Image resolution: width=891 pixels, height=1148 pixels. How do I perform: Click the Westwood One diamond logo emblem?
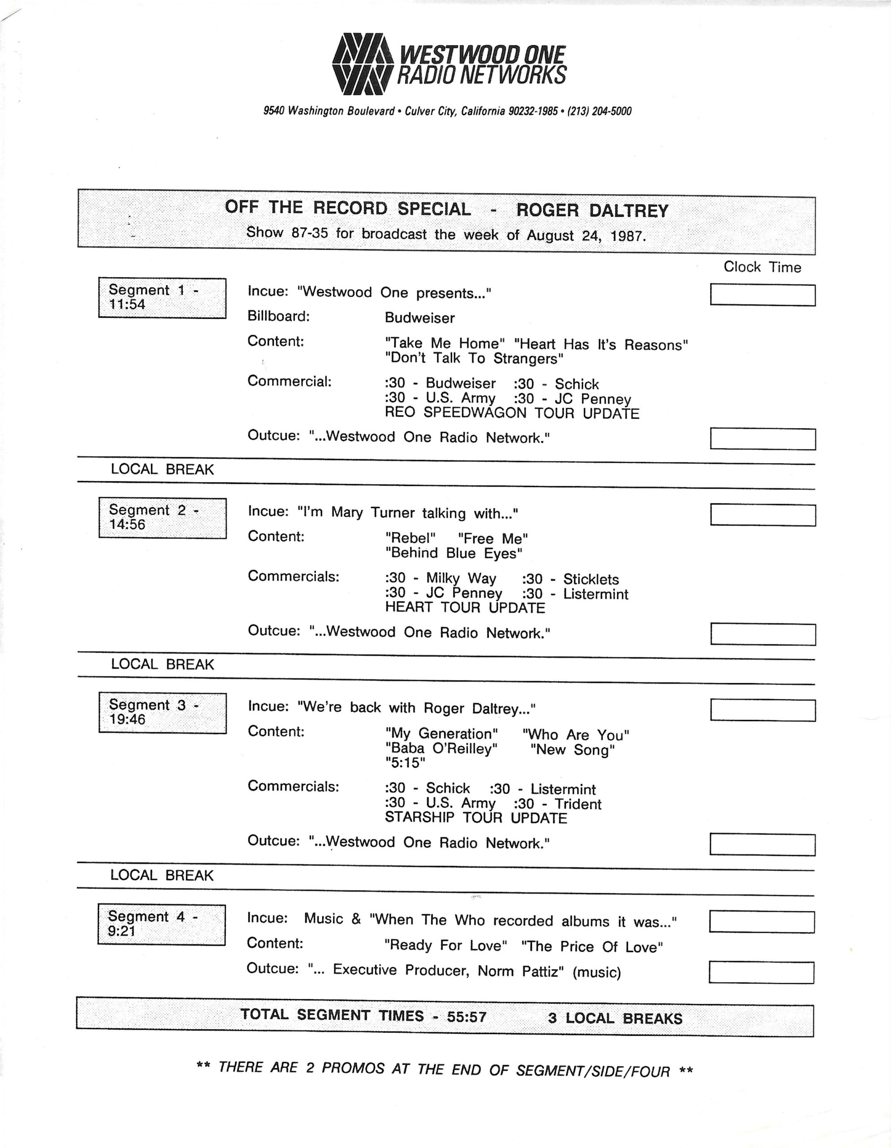[363, 64]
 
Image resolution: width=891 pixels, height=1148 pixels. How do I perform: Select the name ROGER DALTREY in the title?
[592, 210]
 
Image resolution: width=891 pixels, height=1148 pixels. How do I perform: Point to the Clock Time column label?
[762, 267]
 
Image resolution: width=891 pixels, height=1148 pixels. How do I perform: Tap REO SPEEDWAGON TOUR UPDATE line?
[512, 413]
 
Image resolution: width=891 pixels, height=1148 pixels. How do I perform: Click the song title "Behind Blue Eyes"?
[454, 553]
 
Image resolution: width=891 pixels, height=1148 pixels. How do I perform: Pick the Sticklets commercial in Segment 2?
[591, 579]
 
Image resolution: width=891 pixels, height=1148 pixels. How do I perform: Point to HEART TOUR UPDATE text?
[465, 608]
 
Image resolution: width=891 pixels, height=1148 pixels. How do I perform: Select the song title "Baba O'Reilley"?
[441, 748]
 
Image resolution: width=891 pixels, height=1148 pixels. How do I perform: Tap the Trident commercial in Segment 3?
[578, 804]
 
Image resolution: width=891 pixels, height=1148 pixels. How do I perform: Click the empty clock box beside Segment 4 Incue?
[762, 922]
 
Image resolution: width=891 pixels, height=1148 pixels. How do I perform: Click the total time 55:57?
[467, 1017]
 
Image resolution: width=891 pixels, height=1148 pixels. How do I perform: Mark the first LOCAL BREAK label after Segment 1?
[162, 470]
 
